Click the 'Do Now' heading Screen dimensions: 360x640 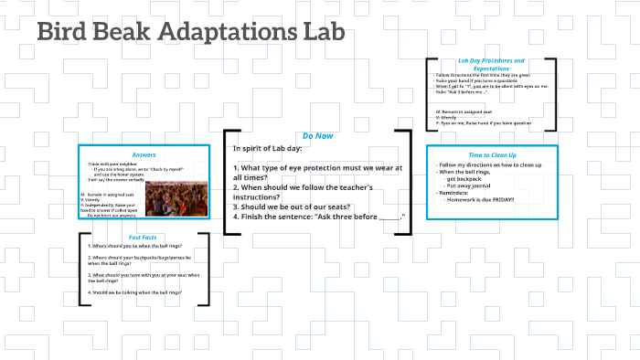(x=317, y=135)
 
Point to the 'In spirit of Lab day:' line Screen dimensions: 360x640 (x=267, y=148)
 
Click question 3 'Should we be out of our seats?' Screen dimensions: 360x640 (x=292, y=206)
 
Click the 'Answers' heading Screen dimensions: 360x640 (x=144, y=154)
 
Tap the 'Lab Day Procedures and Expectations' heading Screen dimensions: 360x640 (x=492, y=64)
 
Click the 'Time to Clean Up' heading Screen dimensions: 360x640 (x=492, y=154)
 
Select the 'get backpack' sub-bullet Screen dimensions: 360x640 (x=467, y=179)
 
